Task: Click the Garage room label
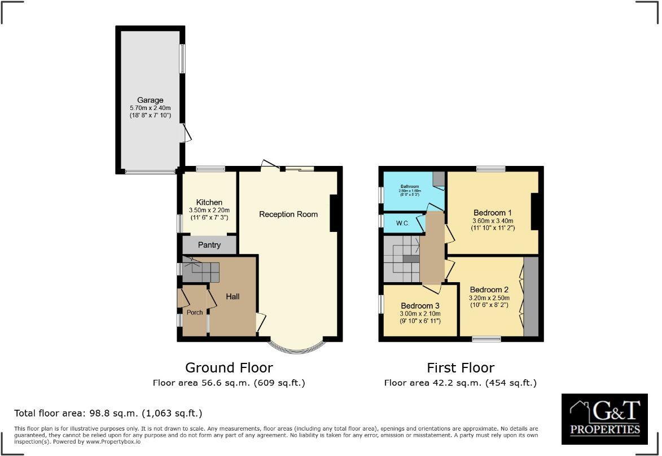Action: coord(150,100)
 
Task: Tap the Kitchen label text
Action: coord(209,203)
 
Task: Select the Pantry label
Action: coord(209,245)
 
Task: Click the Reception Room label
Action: coord(288,214)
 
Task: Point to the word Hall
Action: coord(233,296)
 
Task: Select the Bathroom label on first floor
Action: coord(410,186)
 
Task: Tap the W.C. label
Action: coord(402,223)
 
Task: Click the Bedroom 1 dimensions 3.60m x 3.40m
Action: coord(493,221)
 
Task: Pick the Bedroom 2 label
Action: coord(489,290)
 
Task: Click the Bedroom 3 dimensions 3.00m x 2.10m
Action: coord(420,314)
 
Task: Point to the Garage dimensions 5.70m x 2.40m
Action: coord(150,108)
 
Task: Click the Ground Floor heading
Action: coord(229,368)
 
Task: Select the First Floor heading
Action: coord(460,368)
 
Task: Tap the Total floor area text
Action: coord(108,413)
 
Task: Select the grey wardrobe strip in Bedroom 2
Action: coord(531,297)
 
